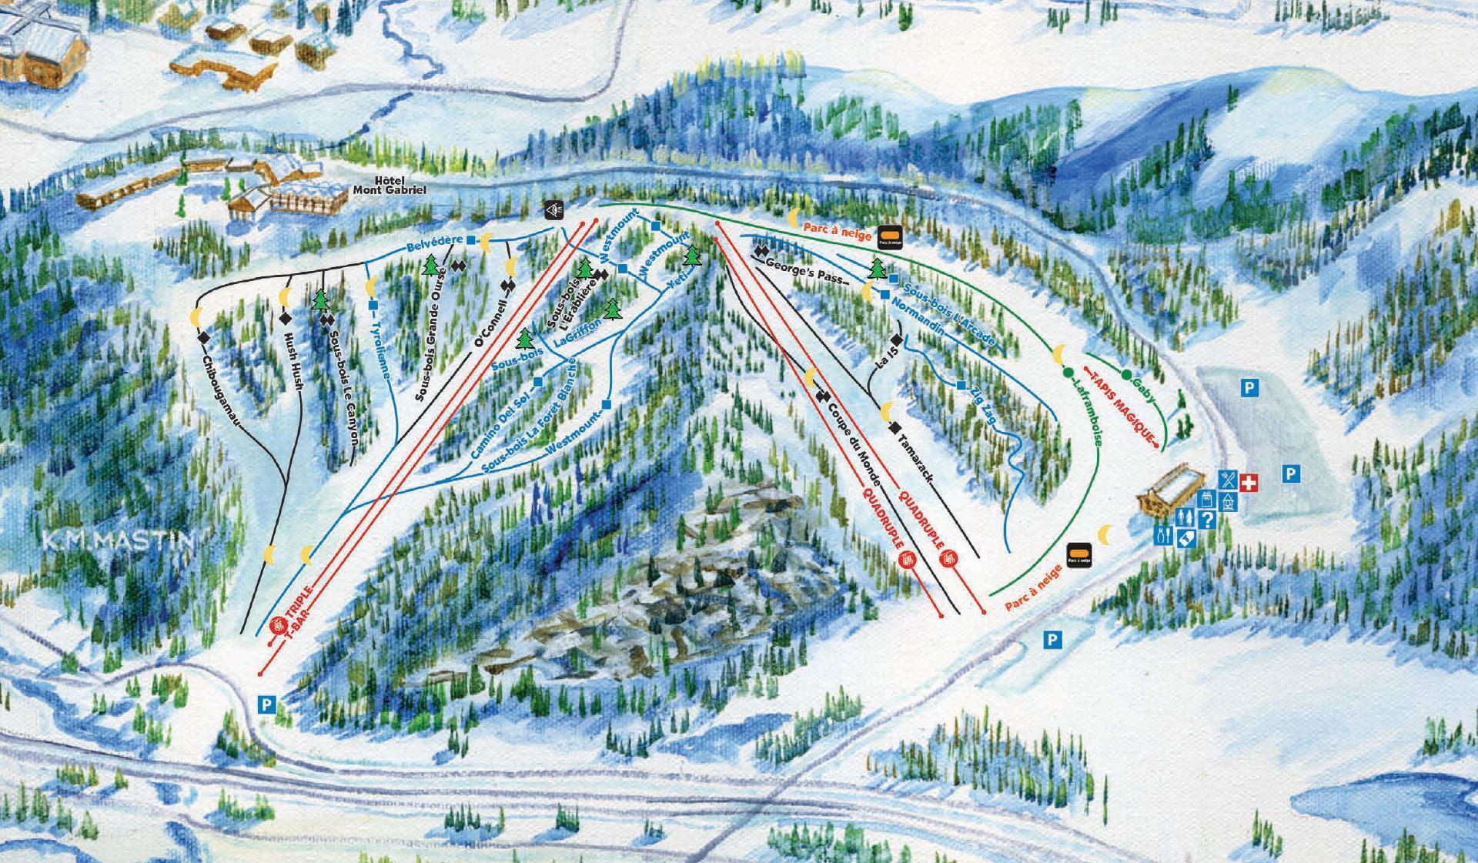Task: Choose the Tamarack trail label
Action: click(915, 460)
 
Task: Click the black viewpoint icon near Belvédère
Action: click(554, 209)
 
